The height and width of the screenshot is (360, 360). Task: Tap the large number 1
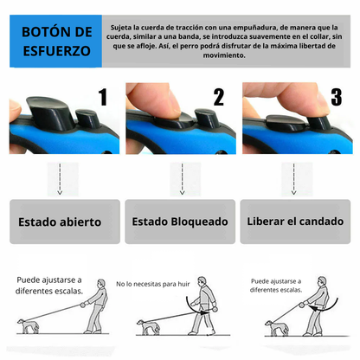pos(103,96)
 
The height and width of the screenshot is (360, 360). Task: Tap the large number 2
pos(218,96)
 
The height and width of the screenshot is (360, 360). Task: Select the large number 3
pos(336,96)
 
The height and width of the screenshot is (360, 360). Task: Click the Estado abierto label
pos(60,222)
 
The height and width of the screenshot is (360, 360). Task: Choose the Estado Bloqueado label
pos(180,222)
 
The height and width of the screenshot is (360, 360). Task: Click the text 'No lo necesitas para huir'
pos(153,283)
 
